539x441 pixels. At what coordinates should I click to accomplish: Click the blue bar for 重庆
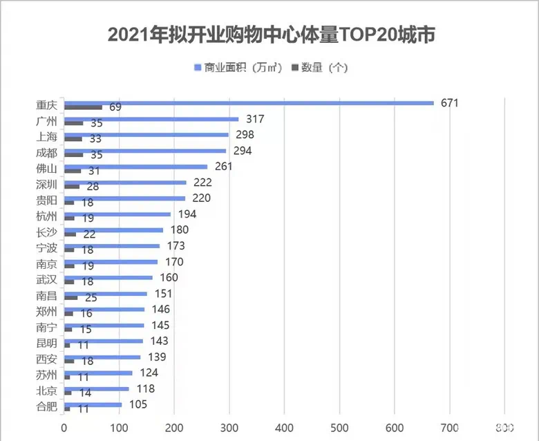pyautogui.click(x=249, y=103)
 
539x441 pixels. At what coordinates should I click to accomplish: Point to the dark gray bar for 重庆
pyautogui.click(x=83, y=107)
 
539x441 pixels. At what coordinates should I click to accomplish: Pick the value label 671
pyautogui.click(x=449, y=103)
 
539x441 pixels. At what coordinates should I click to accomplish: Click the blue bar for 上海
pyautogui.click(x=146, y=135)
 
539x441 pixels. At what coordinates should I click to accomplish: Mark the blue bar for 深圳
pyautogui.click(x=125, y=182)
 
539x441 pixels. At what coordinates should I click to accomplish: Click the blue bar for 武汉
pyautogui.click(x=108, y=278)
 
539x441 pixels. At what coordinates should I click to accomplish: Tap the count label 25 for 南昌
pyautogui.click(x=91, y=297)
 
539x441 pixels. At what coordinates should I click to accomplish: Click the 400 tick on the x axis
pyautogui.click(x=285, y=427)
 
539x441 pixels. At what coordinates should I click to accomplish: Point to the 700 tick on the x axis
pyautogui.click(x=450, y=427)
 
